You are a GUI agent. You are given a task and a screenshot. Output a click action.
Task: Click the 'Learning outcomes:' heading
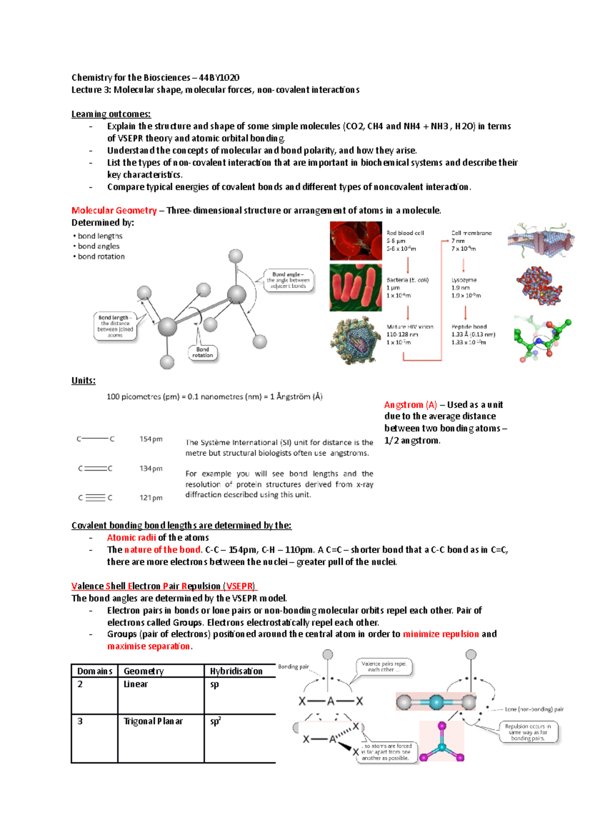point(111,114)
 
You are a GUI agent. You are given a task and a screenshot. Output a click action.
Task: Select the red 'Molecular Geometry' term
point(114,210)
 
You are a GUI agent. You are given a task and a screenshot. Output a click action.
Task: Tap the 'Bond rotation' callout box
point(203,353)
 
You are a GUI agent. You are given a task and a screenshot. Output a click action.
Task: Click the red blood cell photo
point(355,240)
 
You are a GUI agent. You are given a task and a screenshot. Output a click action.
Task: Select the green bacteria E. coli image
point(355,288)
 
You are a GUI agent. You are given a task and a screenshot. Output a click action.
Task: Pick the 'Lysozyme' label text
point(464,280)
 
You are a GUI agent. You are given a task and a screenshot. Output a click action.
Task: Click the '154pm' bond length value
point(150,439)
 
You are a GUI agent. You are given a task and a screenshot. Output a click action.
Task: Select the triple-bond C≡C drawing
point(95,498)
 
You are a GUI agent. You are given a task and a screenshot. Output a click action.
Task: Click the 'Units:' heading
point(83,381)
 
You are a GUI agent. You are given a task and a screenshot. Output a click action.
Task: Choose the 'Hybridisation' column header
point(236,671)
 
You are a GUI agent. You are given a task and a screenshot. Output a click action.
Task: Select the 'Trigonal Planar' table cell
point(153,721)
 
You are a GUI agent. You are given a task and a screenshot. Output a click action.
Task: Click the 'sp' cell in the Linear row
point(214,685)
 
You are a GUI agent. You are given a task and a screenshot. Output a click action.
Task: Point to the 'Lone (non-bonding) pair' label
point(534,709)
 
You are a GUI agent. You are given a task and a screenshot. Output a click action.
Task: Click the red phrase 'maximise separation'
point(148,646)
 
